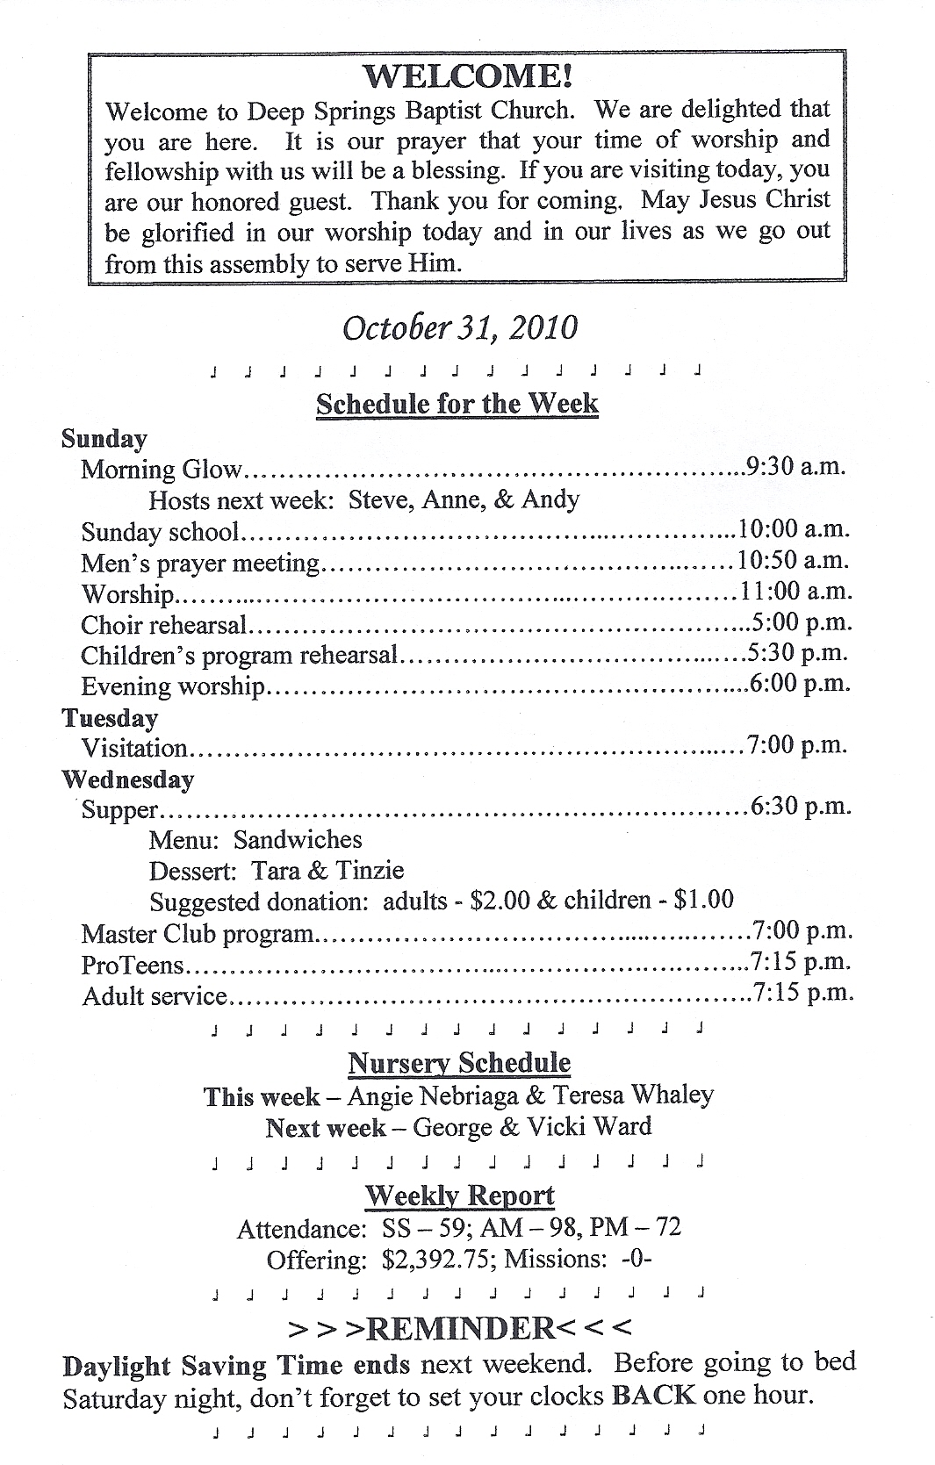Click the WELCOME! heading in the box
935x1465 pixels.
click(468, 76)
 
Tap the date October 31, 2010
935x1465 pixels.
click(460, 327)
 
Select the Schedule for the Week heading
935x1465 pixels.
click(457, 404)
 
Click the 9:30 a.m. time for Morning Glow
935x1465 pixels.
click(796, 466)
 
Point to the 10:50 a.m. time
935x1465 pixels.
click(795, 560)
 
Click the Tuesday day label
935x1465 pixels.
click(110, 718)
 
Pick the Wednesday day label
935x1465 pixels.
click(128, 779)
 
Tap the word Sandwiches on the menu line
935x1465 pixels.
click(298, 840)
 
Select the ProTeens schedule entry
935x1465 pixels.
click(133, 966)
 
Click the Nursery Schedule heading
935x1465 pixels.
click(459, 1063)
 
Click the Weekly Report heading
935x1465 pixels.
click(459, 1196)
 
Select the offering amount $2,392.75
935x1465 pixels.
click(435, 1260)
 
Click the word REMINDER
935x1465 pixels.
click(461, 1329)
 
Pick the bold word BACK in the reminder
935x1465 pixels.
click(654, 1395)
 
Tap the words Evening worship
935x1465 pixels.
click(173, 686)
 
